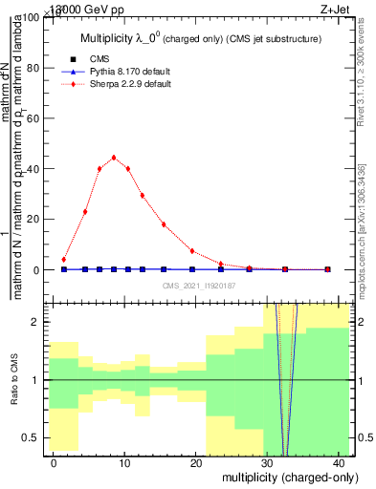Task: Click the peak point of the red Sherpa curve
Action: (x=114, y=158)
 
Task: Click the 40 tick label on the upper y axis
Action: (x=33, y=169)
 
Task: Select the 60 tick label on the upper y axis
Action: (x=33, y=118)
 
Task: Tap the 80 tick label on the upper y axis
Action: (x=33, y=69)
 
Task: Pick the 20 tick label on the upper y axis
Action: (x=33, y=220)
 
